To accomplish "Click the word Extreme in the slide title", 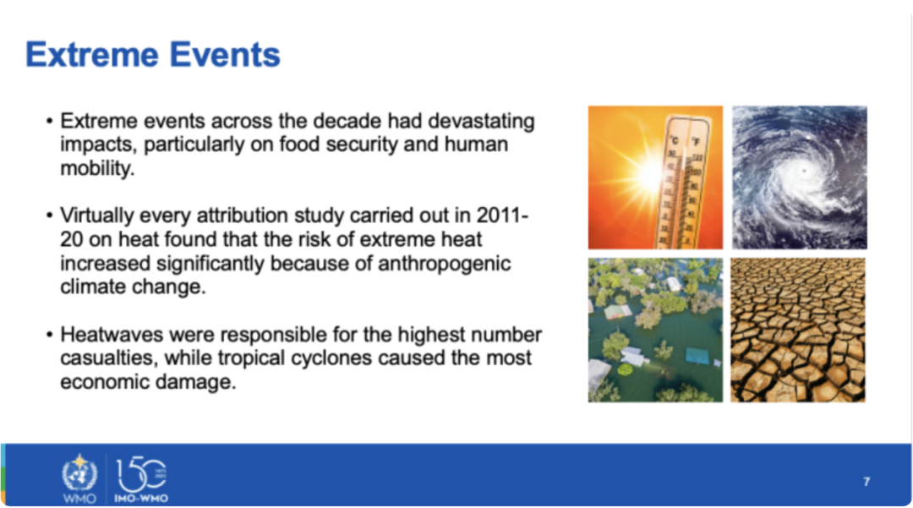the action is pyautogui.click(x=92, y=55).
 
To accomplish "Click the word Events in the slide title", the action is pyautogui.click(x=225, y=55).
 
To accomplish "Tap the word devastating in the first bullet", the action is pyautogui.click(x=481, y=121).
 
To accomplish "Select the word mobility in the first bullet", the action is pyautogui.click(x=96, y=168).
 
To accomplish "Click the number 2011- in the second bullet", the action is pyautogui.click(x=502, y=216).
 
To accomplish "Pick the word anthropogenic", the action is pyautogui.click(x=445, y=263).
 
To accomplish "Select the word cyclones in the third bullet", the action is pyautogui.click(x=331, y=358).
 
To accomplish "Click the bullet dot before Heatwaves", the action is pyautogui.click(x=49, y=335).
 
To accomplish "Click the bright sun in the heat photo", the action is pyautogui.click(x=647, y=172).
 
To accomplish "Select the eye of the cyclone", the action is pyautogui.click(x=804, y=171).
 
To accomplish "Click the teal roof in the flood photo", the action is pyautogui.click(x=697, y=356).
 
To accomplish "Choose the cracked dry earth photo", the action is pyautogui.click(x=798, y=330).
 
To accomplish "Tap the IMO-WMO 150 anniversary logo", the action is pyautogui.click(x=141, y=479).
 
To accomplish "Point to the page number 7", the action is pyautogui.click(x=867, y=482).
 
